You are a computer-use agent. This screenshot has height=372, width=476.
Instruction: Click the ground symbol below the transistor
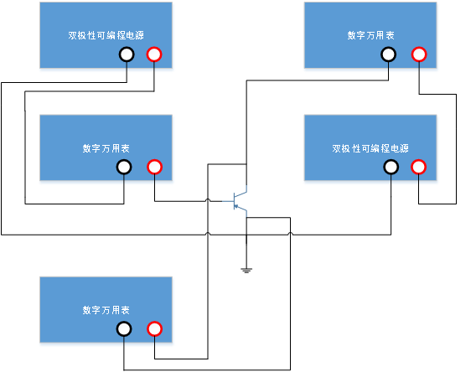[246, 271]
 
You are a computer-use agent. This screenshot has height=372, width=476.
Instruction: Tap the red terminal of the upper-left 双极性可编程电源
[154, 54]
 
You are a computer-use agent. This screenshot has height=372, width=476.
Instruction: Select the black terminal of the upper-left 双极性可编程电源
[127, 54]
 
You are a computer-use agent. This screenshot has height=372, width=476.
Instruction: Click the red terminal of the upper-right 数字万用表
[419, 54]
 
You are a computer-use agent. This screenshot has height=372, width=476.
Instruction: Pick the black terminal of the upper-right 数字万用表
[388, 54]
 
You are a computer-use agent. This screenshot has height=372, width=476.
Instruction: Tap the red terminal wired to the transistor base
[154, 168]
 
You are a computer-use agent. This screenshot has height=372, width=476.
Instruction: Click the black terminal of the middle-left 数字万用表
[124, 168]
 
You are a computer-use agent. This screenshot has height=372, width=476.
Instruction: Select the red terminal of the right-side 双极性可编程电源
[419, 168]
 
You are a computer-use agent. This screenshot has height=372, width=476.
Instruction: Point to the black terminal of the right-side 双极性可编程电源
[391, 168]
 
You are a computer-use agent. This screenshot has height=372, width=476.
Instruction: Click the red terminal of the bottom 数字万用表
[154, 329]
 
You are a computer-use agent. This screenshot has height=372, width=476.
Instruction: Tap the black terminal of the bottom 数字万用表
[124, 329]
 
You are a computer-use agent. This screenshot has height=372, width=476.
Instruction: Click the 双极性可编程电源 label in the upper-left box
[106, 35]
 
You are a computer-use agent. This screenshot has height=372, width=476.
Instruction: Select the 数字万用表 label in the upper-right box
[370, 35]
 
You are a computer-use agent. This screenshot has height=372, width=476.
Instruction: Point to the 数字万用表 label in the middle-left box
[106, 148]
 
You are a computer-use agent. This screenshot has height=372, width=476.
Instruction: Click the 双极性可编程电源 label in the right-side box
[370, 148]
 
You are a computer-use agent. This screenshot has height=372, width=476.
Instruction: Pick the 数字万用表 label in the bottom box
[106, 310]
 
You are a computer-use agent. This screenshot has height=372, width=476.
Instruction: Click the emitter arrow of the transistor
[235, 207]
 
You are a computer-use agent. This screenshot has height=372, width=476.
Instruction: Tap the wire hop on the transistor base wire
[208, 200]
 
